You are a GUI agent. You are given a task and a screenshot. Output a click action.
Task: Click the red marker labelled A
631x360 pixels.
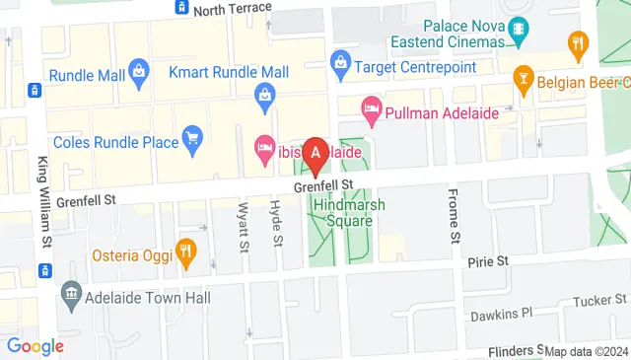(x=315, y=154)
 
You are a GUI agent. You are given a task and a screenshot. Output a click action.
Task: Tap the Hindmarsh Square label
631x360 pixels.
(x=342, y=212)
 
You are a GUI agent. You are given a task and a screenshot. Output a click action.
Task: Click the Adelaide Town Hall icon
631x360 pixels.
(x=71, y=293)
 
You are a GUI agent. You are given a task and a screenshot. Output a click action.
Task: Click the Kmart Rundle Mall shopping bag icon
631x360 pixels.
(x=264, y=94)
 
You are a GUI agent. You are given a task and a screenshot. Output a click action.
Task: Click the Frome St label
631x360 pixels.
(x=455, y=215)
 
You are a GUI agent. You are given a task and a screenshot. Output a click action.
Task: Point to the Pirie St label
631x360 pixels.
(x=487, y=261)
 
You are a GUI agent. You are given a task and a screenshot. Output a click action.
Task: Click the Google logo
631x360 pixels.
(x=35, y=346)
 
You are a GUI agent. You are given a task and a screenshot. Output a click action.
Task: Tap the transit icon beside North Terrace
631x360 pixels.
(x=181, y=9)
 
